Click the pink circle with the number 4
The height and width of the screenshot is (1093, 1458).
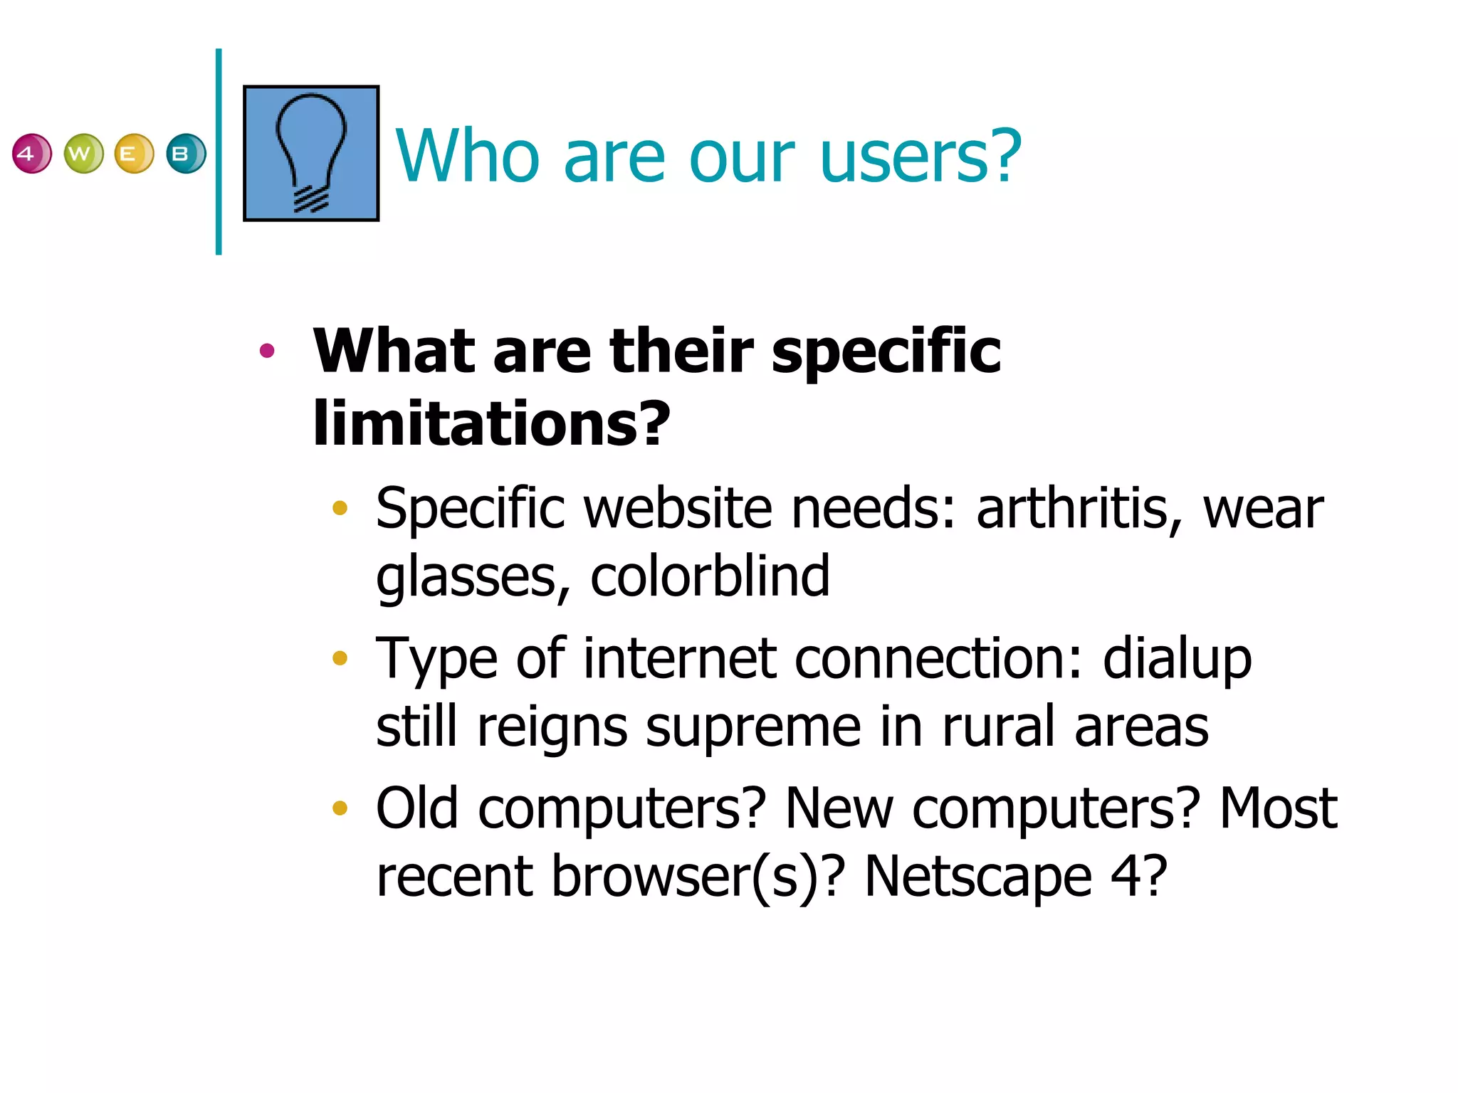tap(32, 153)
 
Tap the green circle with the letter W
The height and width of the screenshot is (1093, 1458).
tap(83, 153)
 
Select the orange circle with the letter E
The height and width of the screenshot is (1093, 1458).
tap(134, 153)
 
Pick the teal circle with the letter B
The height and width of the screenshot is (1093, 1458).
tap(186, 153)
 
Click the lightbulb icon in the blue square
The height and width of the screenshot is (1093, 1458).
tap(311, 153)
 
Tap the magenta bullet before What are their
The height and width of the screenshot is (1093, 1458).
tap(267, 350)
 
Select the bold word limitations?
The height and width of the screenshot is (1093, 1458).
tap(491, 424)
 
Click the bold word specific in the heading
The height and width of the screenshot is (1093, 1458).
tap(886, 353)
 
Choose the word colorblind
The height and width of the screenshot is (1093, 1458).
tap(710, 576)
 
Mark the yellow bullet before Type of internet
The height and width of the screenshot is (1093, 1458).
tap(340, 658)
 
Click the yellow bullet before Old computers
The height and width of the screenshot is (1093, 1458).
tap(340, 808)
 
